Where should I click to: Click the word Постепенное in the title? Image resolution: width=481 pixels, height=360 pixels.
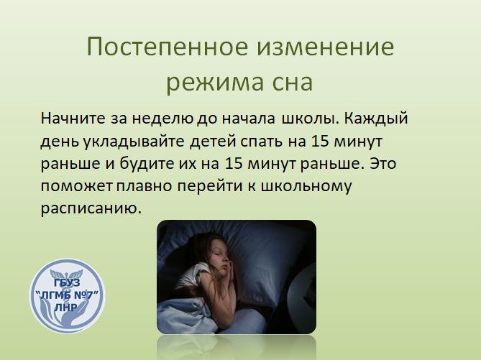168,47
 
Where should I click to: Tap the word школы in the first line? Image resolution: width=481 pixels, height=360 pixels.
308,119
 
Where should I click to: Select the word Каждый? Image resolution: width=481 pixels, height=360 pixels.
376,119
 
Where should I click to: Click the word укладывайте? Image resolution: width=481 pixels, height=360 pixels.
134,142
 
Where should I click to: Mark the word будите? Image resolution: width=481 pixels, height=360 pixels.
147,164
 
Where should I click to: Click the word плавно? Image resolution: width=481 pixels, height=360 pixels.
144,186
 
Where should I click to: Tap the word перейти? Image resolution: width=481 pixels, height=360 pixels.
210,186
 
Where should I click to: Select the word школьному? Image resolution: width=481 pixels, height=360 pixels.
306,186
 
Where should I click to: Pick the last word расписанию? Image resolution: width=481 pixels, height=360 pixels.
91,209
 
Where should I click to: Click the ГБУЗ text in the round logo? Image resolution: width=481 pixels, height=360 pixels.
67,282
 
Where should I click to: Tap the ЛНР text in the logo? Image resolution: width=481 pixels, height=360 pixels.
66,307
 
